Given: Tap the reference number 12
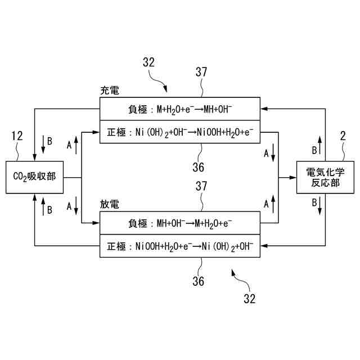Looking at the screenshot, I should coord(16,136).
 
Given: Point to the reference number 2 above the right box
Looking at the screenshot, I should coord(342,136).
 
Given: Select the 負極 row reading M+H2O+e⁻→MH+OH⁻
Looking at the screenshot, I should coord(180,109).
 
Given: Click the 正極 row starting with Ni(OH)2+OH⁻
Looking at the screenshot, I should coord(180,133).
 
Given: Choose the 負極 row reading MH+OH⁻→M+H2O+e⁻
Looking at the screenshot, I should coord(180,223).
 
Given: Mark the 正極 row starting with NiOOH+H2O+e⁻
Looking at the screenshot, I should coord(180,246).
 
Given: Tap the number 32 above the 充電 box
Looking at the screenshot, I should coord(148,62).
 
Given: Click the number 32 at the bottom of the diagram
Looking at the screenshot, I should coord(249,298).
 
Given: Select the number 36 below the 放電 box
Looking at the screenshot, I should coord(198,280).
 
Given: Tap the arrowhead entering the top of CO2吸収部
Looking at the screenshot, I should coord(35,158).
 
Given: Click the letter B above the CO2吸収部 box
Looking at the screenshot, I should coord(49,142).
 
